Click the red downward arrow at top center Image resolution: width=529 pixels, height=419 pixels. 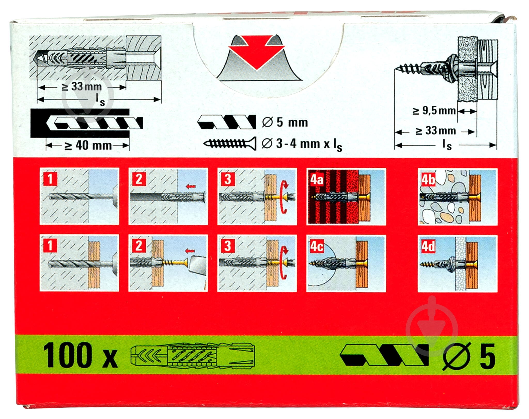[x=256, y=54]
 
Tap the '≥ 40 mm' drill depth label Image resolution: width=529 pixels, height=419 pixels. [x=88, y=146]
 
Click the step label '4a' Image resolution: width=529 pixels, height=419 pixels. [x=317, y=179]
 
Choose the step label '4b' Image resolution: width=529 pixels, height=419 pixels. [x=428, y=179]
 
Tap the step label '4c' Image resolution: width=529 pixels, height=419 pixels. [x=317, y=246]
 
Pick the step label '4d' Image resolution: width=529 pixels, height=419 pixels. [x=428, y=246]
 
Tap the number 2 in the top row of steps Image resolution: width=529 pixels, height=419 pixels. [x=139, y=179]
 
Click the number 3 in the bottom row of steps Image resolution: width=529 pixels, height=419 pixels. [x=228, y=246]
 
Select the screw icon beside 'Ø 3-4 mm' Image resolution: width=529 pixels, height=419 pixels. [x=230, y=143]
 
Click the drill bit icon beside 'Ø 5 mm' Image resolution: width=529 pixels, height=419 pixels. [x=227, y=122]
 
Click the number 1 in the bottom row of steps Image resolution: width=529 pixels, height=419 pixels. [x=50, y=246]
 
